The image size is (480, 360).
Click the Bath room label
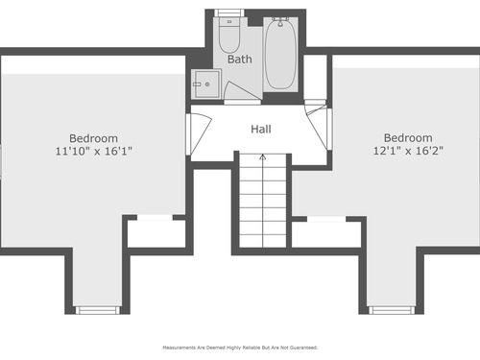click(239, 60)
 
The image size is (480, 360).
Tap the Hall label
click(261, 129)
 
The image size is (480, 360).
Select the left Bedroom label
click(93, 138)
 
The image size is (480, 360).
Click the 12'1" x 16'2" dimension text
click(408, 151)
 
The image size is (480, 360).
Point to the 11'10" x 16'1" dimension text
click(94, 151)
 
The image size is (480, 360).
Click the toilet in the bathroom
click(229, 35)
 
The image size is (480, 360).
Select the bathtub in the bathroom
click(280, 54)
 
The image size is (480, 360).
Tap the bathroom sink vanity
click(206, 84)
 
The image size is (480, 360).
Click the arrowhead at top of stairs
click(263, 156)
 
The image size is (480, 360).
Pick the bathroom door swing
click(240, 91)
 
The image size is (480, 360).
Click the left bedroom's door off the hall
click(200, 133)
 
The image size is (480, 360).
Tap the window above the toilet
click(229, 12)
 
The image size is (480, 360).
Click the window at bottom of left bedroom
click(97, 310)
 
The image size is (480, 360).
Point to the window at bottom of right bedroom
click(392, 310)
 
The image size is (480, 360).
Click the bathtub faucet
click(280, 21)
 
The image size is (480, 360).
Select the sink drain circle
click(207, 84)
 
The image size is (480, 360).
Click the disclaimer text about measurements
click(240, 348)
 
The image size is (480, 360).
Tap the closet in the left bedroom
click(156, 233)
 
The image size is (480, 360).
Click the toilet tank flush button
click(229, 21)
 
